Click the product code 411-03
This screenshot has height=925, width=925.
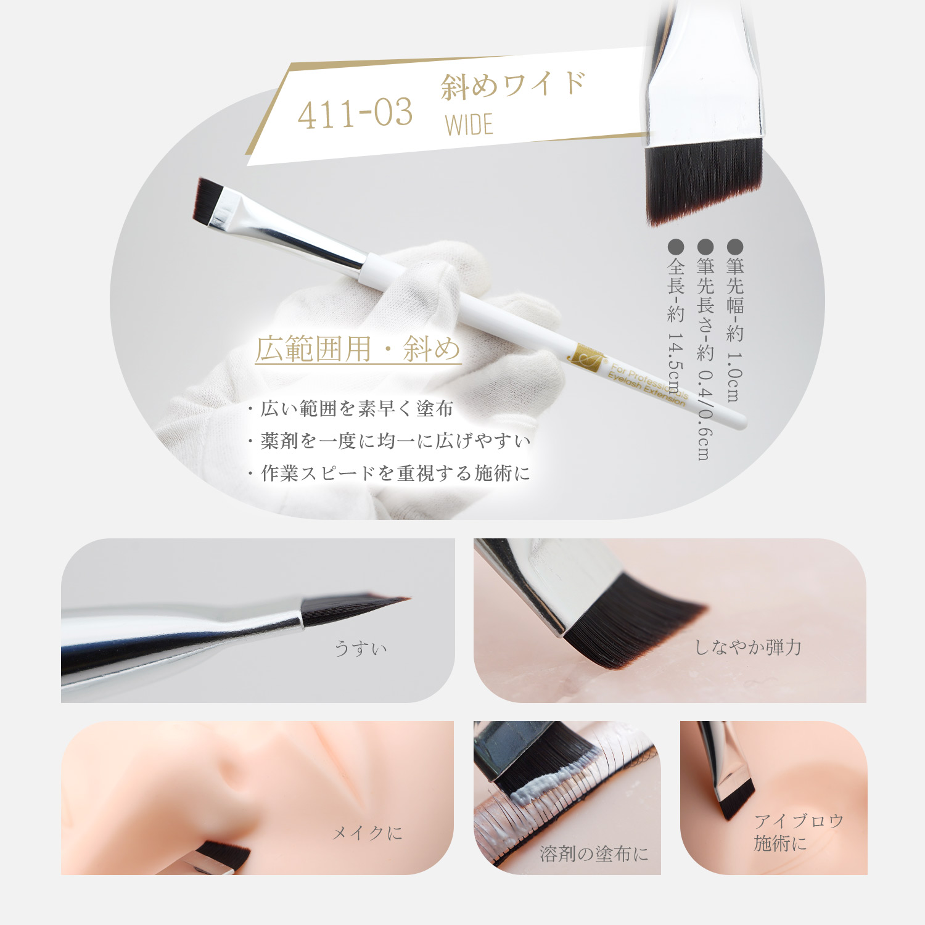pos(355,113)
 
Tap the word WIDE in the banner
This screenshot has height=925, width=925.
pos(469,125)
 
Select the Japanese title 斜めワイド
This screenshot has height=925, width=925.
pos(513,85)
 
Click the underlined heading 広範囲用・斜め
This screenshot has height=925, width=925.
pos(358,349)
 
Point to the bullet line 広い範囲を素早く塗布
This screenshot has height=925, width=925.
pos(350,409)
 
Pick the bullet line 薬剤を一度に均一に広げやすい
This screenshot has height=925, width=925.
pos(388,441)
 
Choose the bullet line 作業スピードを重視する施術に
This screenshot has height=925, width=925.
pos(388,473)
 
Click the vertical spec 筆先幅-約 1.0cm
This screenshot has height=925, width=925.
pos(734,321)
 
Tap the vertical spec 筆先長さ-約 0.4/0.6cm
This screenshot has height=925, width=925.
pos(705,350)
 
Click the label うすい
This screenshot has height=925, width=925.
pos(361,648)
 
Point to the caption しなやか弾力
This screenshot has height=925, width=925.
pos(748,647)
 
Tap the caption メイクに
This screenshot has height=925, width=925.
pos(368,833)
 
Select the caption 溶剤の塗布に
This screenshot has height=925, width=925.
pos(594,853)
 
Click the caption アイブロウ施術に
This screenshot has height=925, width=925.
pos(799,832)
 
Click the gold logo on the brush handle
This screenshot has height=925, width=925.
pos(583,359)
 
